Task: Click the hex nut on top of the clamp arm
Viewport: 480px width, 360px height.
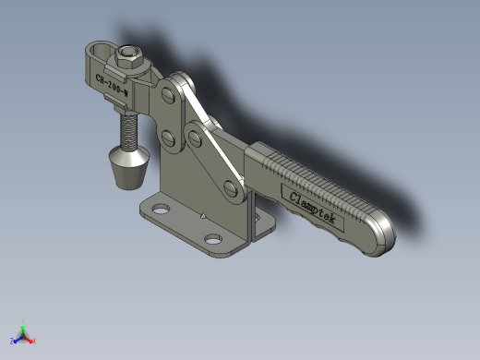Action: click(129, 57)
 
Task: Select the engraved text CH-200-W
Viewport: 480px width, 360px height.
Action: click(112, 85)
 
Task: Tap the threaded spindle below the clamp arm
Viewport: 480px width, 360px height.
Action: click(129, 131)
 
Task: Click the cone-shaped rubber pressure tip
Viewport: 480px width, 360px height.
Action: click(129, 167)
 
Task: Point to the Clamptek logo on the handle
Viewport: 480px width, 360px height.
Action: click(312, 208)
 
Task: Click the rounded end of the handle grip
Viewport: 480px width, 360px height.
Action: click(381, 233)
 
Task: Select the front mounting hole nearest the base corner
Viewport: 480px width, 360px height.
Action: click(213, 239)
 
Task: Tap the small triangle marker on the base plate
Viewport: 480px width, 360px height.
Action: click(203, 216)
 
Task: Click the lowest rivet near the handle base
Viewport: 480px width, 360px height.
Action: click(231, 189)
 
